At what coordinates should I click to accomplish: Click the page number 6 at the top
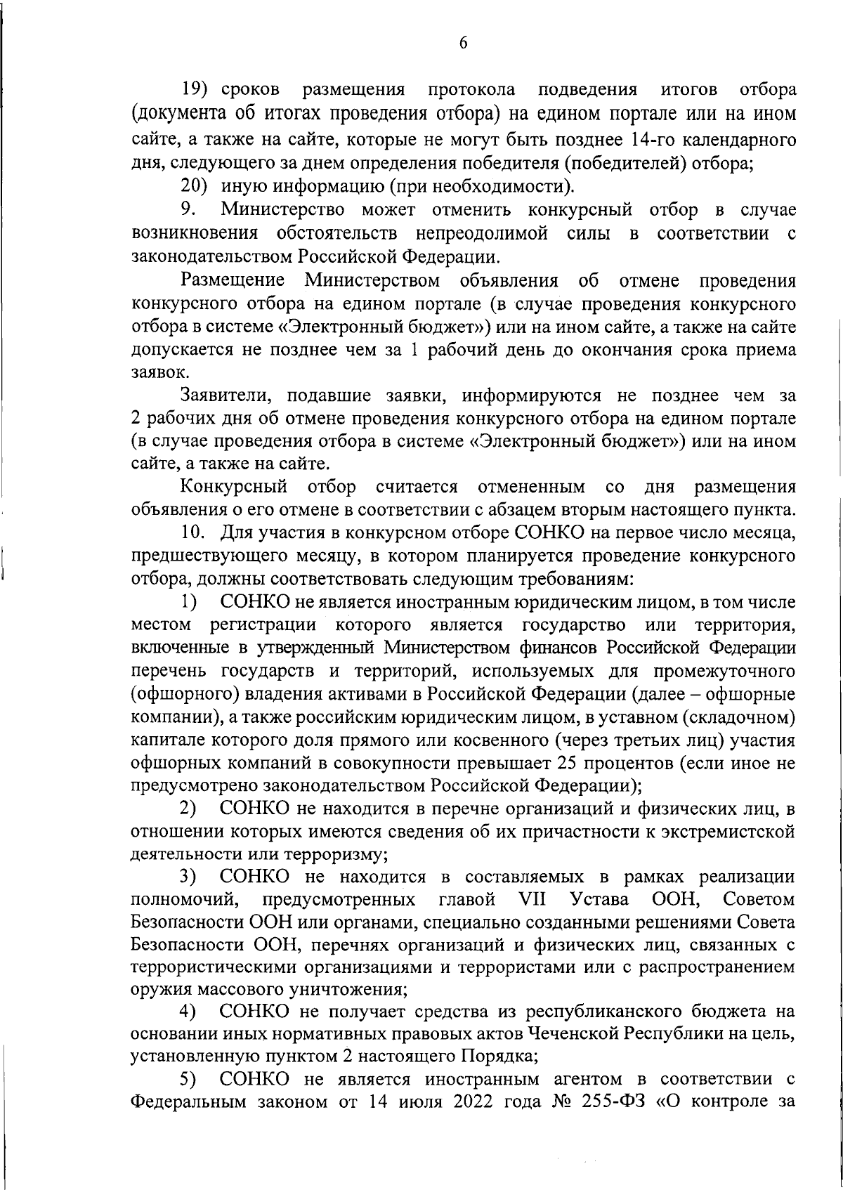pos(463,43)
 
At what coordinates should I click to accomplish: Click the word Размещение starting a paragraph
pos(232,281)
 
